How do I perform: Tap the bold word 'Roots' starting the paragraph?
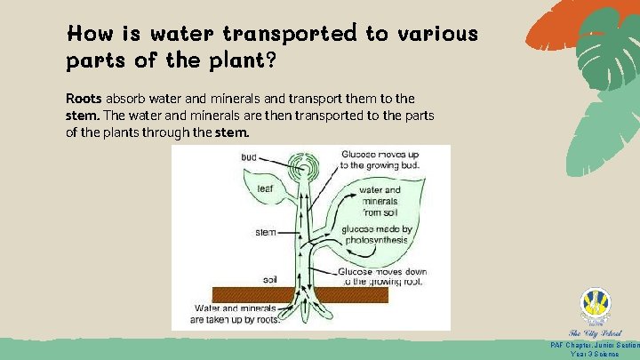(84, 98)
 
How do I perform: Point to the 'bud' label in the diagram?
(249, 157)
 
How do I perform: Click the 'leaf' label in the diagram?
(265, 188)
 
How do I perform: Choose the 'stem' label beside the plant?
(265, 232)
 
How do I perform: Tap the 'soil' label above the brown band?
(270, 280)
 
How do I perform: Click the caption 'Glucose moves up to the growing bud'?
(380, 159)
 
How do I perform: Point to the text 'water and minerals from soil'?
(380, 201)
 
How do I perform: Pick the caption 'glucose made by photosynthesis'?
(376, 234)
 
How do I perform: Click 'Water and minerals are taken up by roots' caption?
(236, 314)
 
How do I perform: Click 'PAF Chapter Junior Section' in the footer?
(595, 345)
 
